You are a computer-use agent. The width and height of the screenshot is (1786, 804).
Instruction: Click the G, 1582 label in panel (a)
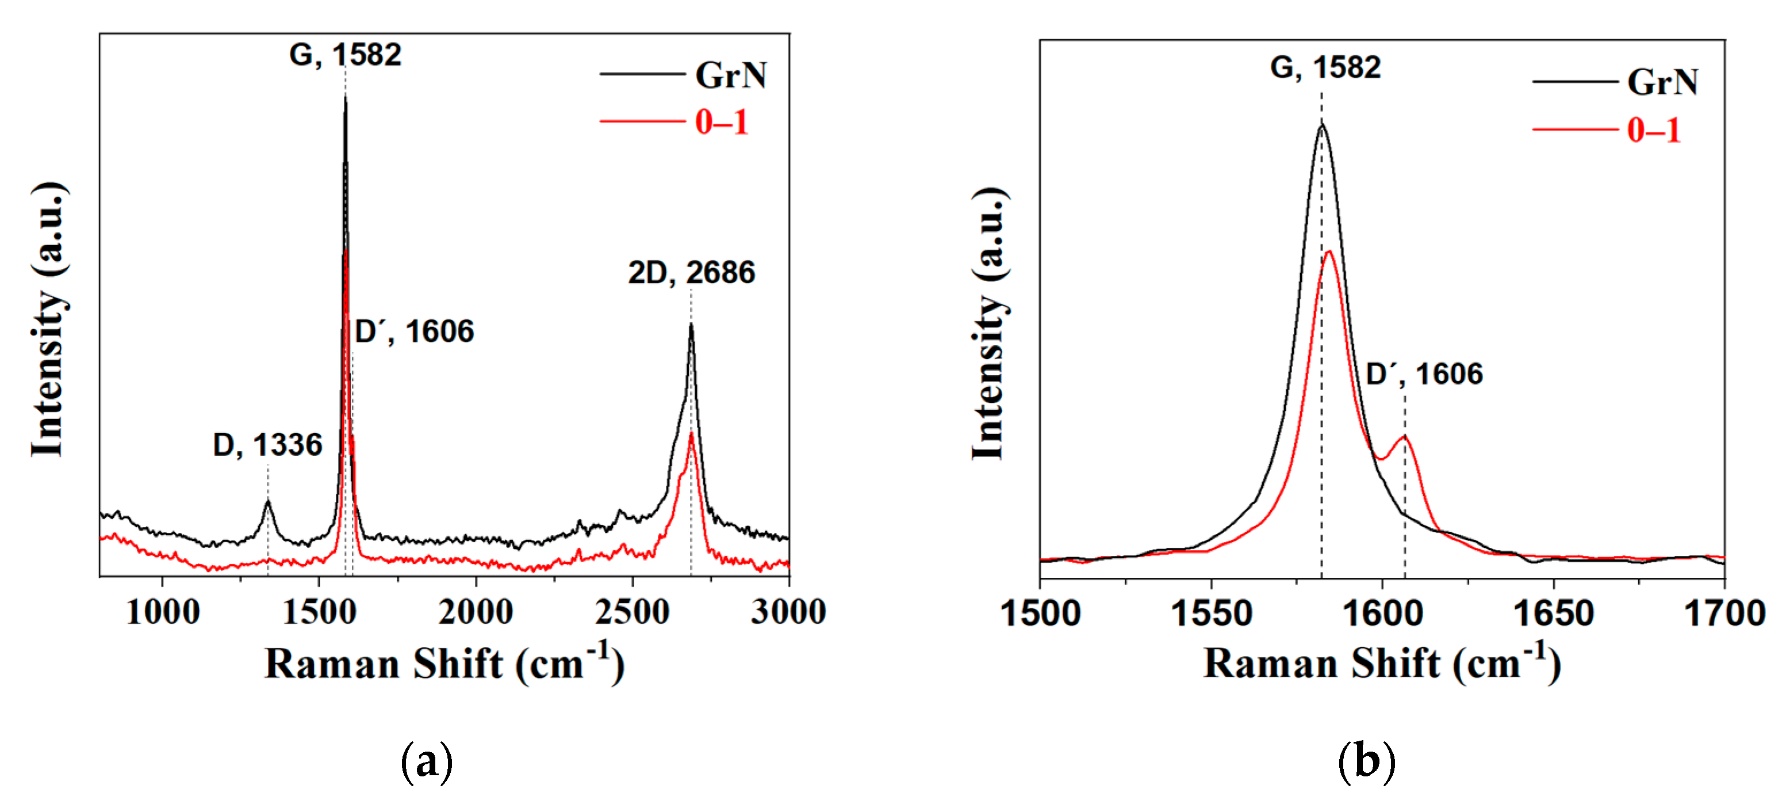345,55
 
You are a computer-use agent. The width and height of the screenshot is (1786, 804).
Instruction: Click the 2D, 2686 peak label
691,273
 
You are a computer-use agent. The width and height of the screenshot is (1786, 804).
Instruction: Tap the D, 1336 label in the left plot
267,445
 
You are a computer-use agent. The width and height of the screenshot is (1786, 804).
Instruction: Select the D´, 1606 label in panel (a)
415,331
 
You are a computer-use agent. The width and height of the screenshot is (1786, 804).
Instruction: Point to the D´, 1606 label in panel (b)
1424,374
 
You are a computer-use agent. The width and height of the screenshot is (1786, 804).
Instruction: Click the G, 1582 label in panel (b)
1325,67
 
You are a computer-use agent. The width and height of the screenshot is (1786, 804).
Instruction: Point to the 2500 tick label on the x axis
633,612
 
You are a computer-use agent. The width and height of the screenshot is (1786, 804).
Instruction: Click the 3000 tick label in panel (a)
788,612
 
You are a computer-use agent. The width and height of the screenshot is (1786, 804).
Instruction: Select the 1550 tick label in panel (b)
1211,614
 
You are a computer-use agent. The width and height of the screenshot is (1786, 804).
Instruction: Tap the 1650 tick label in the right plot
1553,614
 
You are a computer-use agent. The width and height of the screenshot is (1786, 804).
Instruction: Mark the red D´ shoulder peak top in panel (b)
1405,436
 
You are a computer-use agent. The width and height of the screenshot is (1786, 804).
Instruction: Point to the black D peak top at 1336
267,500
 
